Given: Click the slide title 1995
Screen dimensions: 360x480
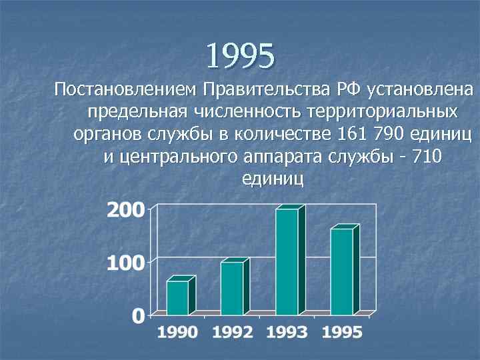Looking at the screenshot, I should pos(240,56).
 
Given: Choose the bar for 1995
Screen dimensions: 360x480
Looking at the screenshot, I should pos(341,271).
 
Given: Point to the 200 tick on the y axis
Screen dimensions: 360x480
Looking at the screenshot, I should pos(125,211).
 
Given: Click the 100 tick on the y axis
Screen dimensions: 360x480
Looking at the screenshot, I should pos(125,263).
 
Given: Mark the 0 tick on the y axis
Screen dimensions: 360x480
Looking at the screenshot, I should pos(138,315).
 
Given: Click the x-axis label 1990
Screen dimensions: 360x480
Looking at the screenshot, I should pos(178,333).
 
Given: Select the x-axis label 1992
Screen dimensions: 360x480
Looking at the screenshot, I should pos(233,333).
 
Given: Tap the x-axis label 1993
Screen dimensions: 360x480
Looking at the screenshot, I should pos(287,333).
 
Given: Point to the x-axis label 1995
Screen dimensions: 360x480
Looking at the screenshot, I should pos(342,333).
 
